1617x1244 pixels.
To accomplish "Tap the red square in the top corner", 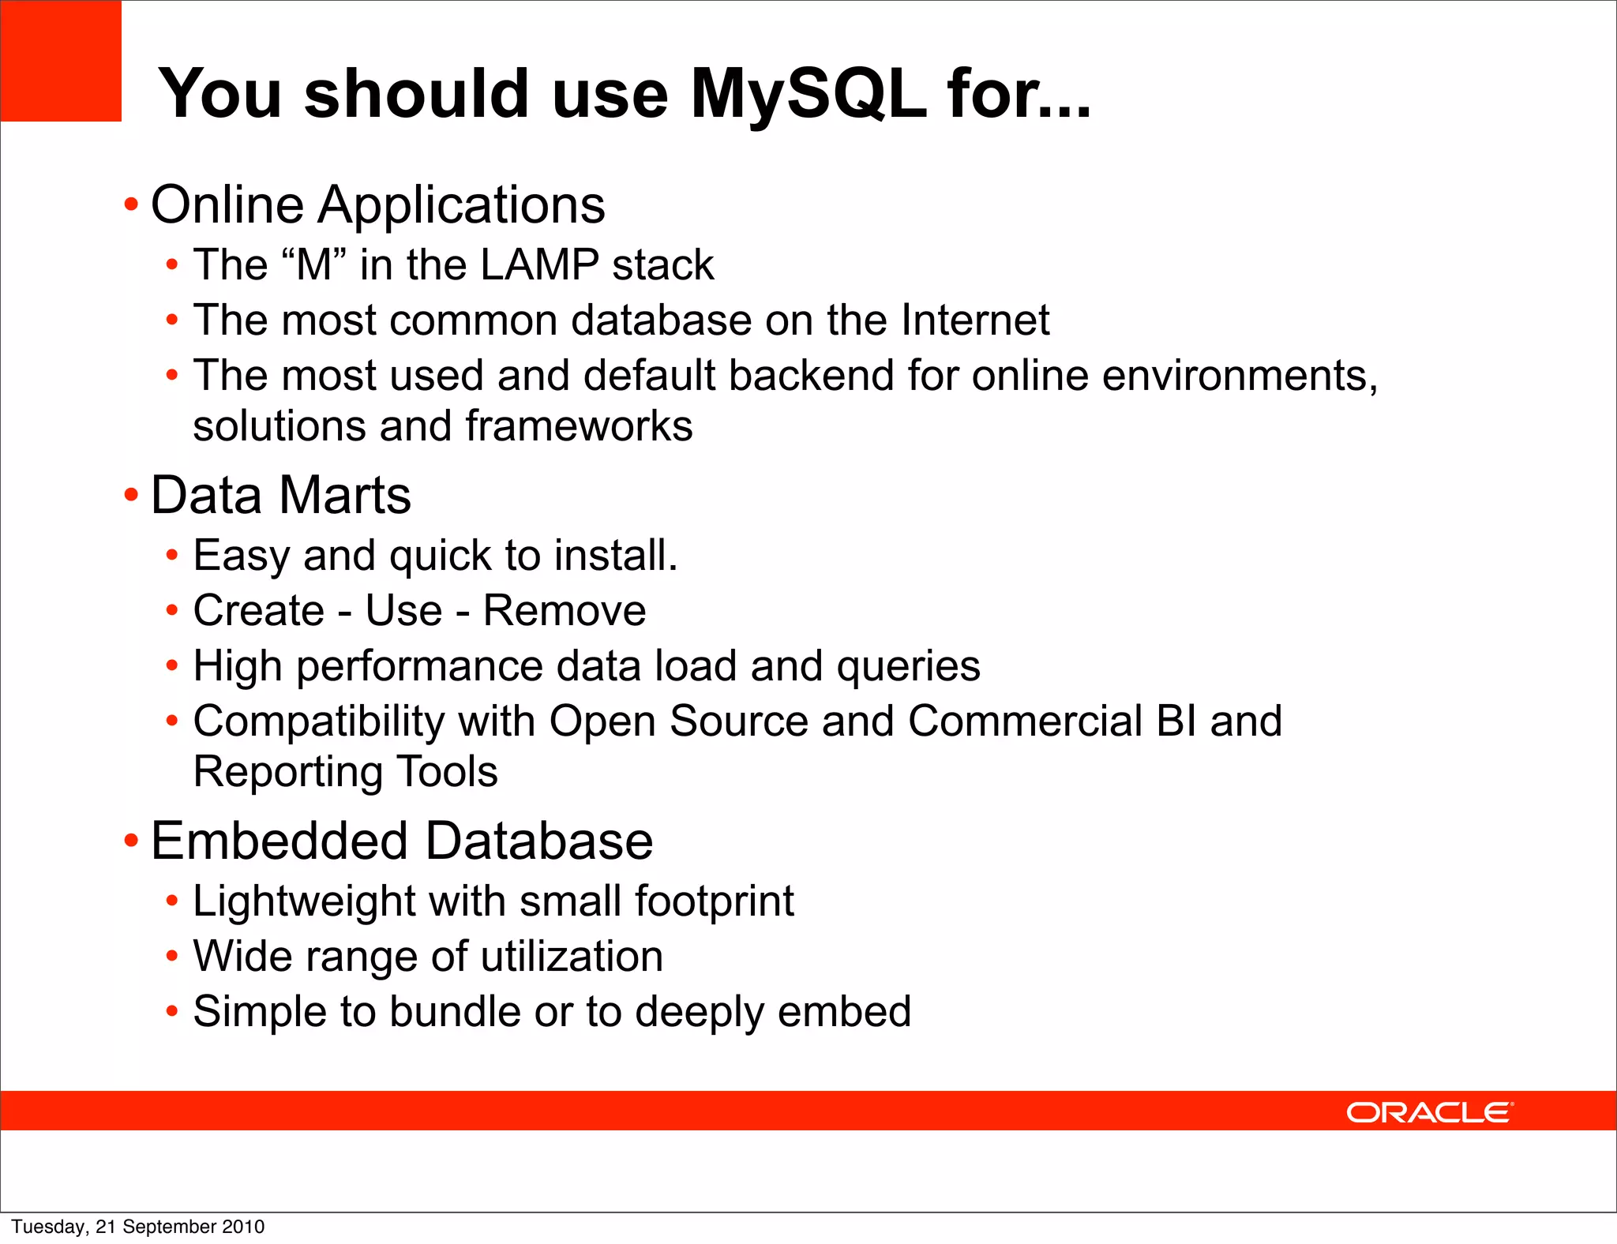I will [x=61, y=61].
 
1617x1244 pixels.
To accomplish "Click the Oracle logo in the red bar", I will [x=1429, y=1112].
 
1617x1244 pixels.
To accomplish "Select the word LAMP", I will [x=539, y=264].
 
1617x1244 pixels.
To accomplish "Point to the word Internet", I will [x=975, y=320].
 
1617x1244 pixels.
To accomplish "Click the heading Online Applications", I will [x=377, y=204].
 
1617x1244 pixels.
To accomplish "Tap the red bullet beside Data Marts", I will [x=131, y=496].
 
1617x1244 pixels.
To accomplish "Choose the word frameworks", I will [x=579, y=426].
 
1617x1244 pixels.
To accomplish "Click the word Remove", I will [x=565, y=610].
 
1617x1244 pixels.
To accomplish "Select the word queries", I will [x=908, y=666].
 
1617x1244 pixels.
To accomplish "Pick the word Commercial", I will [x=1025, y=721].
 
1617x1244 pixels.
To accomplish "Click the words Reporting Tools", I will [x=346, y=771].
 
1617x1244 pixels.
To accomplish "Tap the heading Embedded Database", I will [x=401, y=841].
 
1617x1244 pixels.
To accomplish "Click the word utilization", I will [x=572, y=957].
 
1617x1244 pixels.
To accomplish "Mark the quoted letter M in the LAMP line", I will [x=314, y=264].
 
